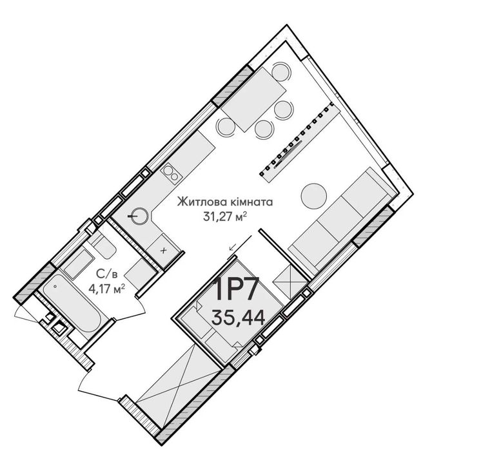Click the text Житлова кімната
pos(225,202)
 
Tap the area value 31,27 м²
pos(224,216)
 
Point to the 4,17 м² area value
pos(107,289)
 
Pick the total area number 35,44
pos(238,317)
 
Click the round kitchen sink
pos(139,216)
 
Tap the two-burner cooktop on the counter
pos(171,173)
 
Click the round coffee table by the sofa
pos(314,197)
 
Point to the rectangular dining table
pos(253,100)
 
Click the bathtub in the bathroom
pos(72,303)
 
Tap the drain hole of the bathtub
pos(55,285)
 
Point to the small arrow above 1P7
pos(241,243)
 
